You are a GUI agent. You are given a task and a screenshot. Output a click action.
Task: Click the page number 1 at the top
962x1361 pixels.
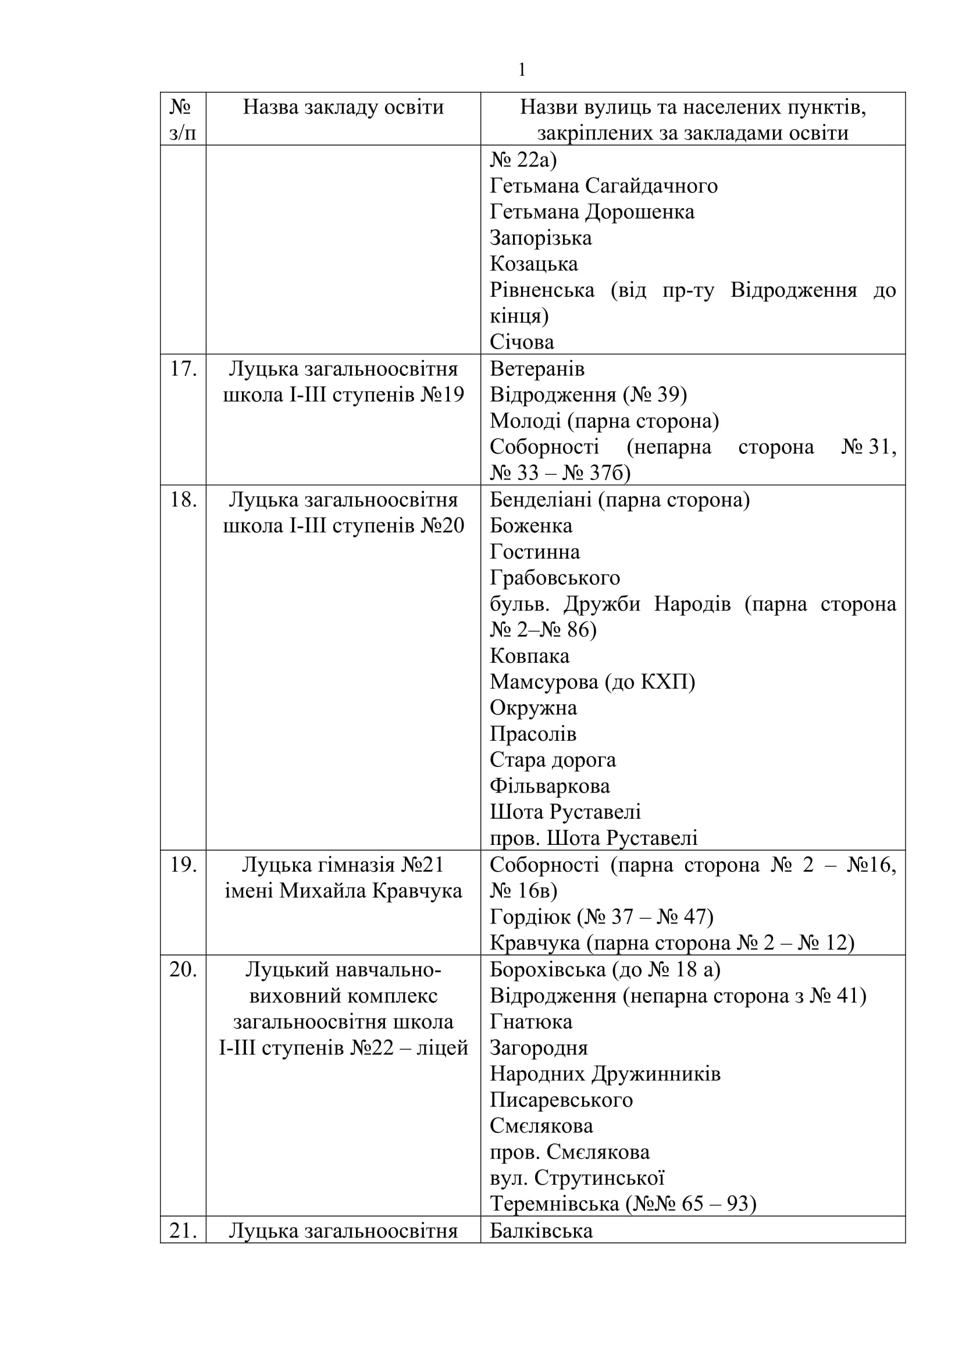pyautogui.click(x=521, y=70)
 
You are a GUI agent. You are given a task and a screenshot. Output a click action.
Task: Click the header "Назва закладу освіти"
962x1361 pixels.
pyautogui.click(x=343, y=107)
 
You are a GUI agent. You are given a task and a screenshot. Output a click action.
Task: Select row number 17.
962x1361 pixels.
pyautogui.click(x=183, y=369)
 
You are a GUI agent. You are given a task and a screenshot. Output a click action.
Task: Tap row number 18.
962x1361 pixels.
pyautogui.click(x=183, y=500)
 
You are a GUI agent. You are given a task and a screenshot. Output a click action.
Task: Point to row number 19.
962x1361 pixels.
pyautogui.click(x=183, y=865)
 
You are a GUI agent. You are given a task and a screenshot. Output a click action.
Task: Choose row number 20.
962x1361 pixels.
pyautogui.click(x=183, y=970)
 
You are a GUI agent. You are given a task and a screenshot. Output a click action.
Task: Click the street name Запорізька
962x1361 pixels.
pyautogui.click(x=540, y=239)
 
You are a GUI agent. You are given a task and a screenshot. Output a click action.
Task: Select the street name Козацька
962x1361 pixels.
pyautogui.click(x=534, y=264)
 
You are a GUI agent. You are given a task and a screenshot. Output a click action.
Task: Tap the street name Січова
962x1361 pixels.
pyautogui.click(x=522, y=343)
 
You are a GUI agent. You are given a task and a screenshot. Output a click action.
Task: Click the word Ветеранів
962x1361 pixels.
pyautogui.click(x=537, y=369)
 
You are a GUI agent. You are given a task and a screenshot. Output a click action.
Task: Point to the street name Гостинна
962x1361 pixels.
pyautogui.click(x=535, y=552)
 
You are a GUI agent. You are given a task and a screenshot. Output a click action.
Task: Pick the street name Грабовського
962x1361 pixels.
pyautogui.click(x=554, y=578)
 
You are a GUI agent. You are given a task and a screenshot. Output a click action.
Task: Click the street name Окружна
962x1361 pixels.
pyautogui.click(x=533, y=708)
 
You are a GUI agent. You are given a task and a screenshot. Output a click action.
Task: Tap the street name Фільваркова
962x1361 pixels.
pyautogui.click(x=549, y=787)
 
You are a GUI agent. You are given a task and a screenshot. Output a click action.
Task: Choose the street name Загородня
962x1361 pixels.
pyautogui.click(x=539, y=1048)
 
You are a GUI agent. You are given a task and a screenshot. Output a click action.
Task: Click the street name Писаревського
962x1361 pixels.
pyautogui.click(x=561, y=1100)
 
